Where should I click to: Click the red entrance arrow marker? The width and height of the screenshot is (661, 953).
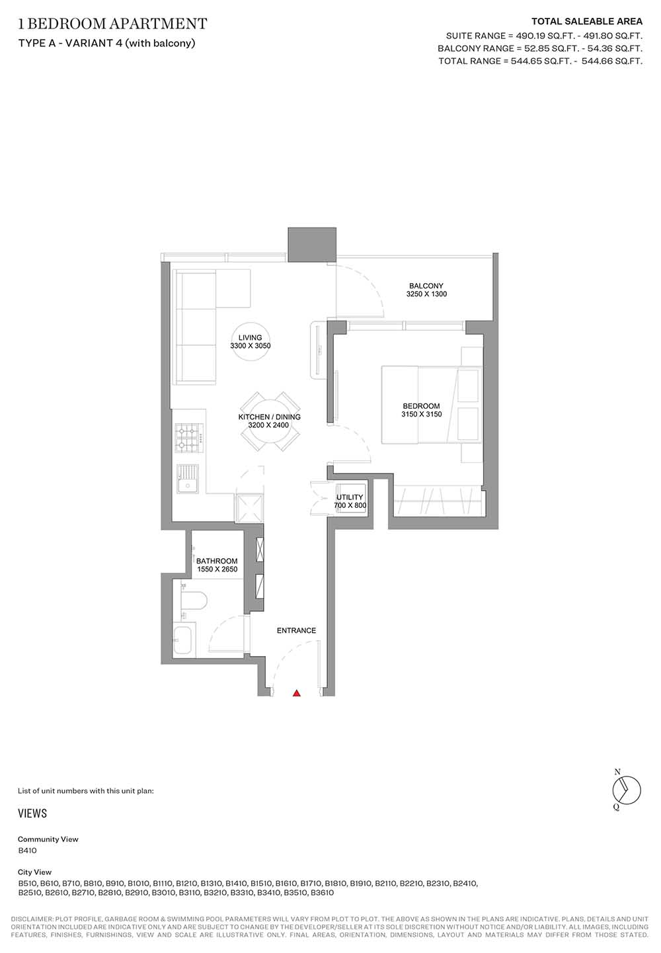(297, 693)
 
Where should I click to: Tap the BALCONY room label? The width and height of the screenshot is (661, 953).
(426, 286)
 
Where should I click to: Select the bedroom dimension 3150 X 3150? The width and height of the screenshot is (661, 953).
(422, 414)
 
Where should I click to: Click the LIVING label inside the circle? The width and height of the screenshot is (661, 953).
(250, 337)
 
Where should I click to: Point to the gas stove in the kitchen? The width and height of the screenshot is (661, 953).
(189, 438)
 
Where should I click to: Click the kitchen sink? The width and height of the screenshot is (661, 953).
(188, 479)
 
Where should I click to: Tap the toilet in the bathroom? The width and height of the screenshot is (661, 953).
(194, 601)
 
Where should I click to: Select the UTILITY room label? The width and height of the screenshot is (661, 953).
(350, 497)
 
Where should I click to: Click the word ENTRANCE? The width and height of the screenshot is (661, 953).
(297, 630)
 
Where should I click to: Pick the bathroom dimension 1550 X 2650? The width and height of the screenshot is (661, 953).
(217, 569)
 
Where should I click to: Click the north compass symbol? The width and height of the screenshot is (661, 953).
(626, 790)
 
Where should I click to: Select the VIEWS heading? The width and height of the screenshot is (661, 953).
(32, 813)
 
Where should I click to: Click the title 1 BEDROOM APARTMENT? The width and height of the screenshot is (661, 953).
(113, 24)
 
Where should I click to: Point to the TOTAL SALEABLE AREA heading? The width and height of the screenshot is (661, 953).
(587, 21)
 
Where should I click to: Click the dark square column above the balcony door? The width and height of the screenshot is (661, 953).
(312, 245)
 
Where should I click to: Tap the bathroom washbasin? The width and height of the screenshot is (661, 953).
(184, 640)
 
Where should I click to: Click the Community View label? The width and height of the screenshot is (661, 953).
(48, 839)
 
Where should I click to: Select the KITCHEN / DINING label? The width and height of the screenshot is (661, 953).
(269, 417)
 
